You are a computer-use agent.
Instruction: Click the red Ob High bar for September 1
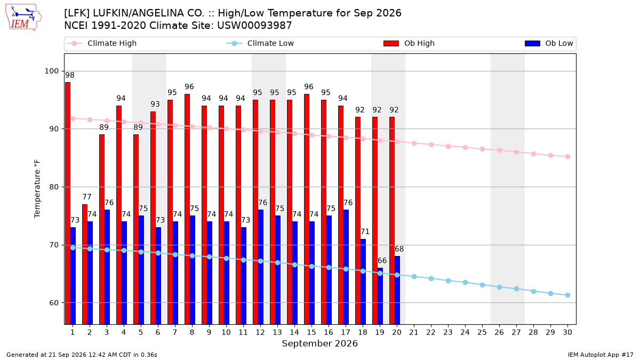(68, 203)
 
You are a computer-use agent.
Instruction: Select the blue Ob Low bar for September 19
(380, 297)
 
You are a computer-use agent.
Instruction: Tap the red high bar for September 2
(85, 265)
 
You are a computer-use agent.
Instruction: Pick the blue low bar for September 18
(363, 282)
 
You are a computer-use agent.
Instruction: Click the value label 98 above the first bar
(70, 75)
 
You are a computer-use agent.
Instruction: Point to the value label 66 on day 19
(382, 261)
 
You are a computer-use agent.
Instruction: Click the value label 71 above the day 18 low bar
(365, 231)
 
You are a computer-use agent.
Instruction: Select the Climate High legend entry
(102, 43)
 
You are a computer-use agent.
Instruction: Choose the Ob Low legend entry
(549, 43)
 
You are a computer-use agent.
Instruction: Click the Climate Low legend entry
(260, 43)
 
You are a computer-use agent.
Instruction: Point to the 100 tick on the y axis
(51, 71)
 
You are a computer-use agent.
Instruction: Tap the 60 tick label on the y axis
(54, 303)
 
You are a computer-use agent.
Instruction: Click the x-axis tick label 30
(567, 333)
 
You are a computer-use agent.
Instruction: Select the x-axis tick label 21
(414, 333)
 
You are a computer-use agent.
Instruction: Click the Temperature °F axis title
(37, 189)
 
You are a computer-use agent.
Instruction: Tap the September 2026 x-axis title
(319, 343)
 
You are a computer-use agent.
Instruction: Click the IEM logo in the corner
(23, 18)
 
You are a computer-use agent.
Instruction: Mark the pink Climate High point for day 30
(567, 157)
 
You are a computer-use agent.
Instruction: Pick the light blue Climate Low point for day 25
(482, 285)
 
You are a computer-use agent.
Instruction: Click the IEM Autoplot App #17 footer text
(601, 355)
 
